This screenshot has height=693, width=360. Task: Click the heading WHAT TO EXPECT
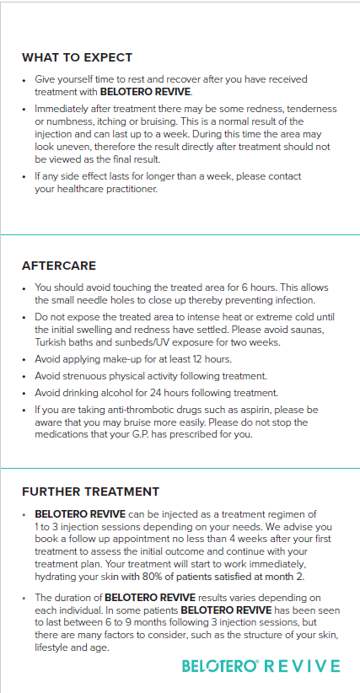click(x=77, y=57)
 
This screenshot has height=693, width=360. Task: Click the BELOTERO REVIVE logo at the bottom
click(x=261, y=666)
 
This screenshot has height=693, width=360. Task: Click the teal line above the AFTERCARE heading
click(x=180, y=234)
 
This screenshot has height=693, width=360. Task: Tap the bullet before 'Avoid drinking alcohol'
click(x=25, y=394)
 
